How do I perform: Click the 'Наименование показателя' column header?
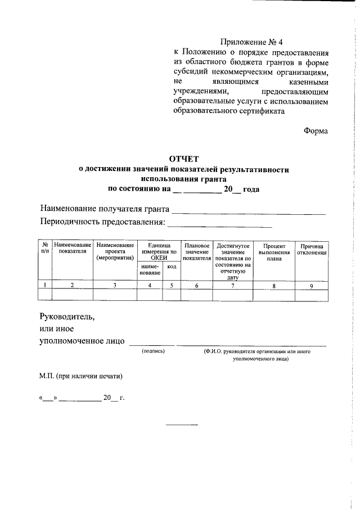click(x=72, y=249)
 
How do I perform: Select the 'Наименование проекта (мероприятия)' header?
click(x=114, y=252)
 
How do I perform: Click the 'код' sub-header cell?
click(x=171, y=266)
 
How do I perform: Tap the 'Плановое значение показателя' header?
click(x=196, y=252)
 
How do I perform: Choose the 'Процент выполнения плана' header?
click(x=274, y=252)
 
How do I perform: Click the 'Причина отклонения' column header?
click(x=312, y=249)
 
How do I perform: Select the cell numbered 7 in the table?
click(x=233, y=285)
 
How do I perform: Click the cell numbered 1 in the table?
click(x=44, y=285)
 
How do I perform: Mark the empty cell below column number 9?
click(x=312, y=295)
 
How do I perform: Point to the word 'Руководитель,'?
click(x=67, y=316)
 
